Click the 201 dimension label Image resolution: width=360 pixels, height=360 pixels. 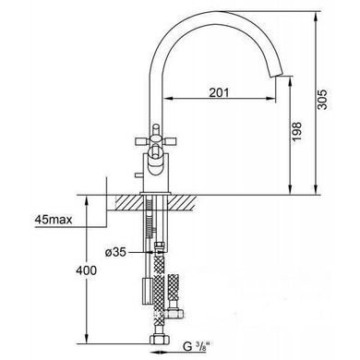(219, 92)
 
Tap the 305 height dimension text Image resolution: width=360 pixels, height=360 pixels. (323, 100)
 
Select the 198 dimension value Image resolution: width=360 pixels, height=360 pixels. (296, 131)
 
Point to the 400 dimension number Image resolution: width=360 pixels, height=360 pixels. (86, 270)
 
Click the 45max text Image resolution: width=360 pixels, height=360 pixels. (54, 220)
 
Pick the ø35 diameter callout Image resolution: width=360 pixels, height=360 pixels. (115, 253)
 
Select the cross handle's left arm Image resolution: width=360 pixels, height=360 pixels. (142, 142)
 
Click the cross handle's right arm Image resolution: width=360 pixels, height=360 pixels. (169, 142)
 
